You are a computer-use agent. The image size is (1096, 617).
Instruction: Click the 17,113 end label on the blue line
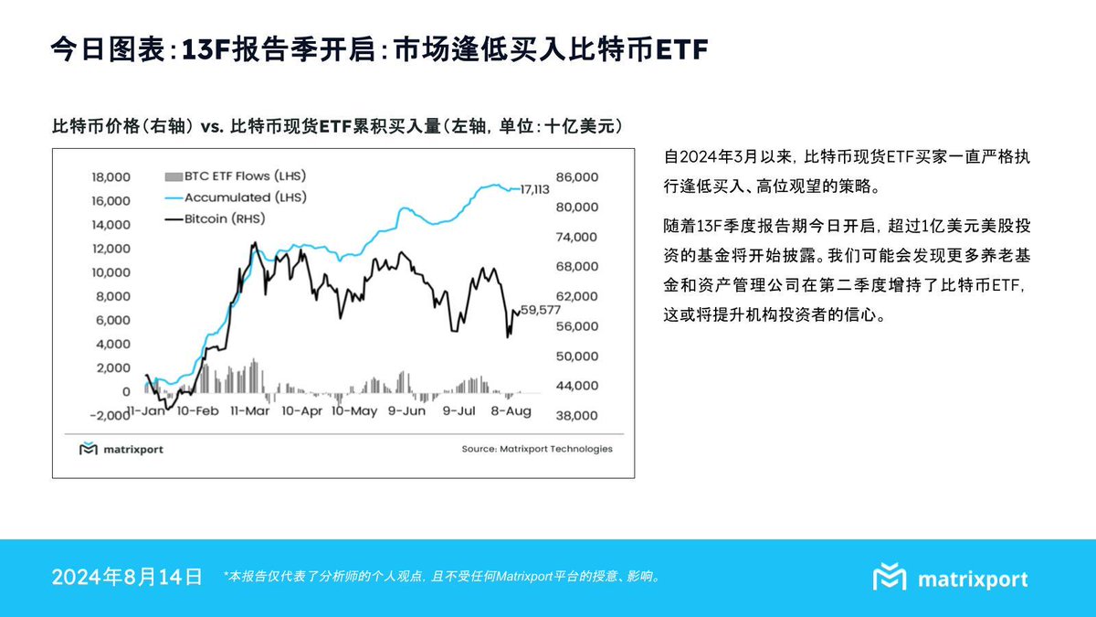[x=534, y=189]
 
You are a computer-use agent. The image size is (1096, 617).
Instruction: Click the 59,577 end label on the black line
[x=540, y=311]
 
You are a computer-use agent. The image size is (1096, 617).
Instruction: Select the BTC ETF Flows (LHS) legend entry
[x=235, y=176]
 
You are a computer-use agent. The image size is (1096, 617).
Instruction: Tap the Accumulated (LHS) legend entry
[x=234, y=197]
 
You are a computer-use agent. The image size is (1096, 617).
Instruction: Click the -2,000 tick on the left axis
[x=109, y=415]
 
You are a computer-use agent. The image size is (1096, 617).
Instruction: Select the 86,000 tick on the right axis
[x=578, y=176]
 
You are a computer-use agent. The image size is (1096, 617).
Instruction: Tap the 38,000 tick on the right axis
[x=578, y=415]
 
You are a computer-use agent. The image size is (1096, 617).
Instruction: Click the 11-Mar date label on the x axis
[x=250, y=411]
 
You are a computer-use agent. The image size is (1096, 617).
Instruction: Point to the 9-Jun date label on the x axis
[x=406, y=411]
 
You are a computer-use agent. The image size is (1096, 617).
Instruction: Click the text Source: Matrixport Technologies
[x=537, y=449]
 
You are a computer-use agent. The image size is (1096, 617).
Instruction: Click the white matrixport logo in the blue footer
[x=950, y=578]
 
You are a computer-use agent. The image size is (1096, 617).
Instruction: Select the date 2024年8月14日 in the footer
[x=127, y=577]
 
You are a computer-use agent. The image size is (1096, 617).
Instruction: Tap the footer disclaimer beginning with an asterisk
[x=441, y=577]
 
